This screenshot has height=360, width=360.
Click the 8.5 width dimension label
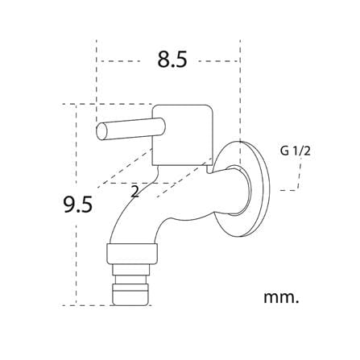pyautogui.click(x=172, y=60)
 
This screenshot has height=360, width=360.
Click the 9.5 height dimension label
pyautogui.click(x=78, y=204)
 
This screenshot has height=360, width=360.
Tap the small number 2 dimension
pyautogui.click(x=135, y=192)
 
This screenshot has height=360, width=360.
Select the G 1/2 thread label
pyautogui.click(x=296, y=151)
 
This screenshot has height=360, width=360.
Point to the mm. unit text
pyautogui.click(x=281, y=297)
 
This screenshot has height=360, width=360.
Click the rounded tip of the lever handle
pyautogui.click(x=101, y=132)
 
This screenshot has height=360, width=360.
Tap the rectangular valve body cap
pyautogui.click(x=183, y=134)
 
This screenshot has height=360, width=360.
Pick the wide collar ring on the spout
pyautogui.click(x=132, y=253)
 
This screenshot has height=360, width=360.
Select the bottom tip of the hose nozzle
pyautogui.click(x=130, y=305)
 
